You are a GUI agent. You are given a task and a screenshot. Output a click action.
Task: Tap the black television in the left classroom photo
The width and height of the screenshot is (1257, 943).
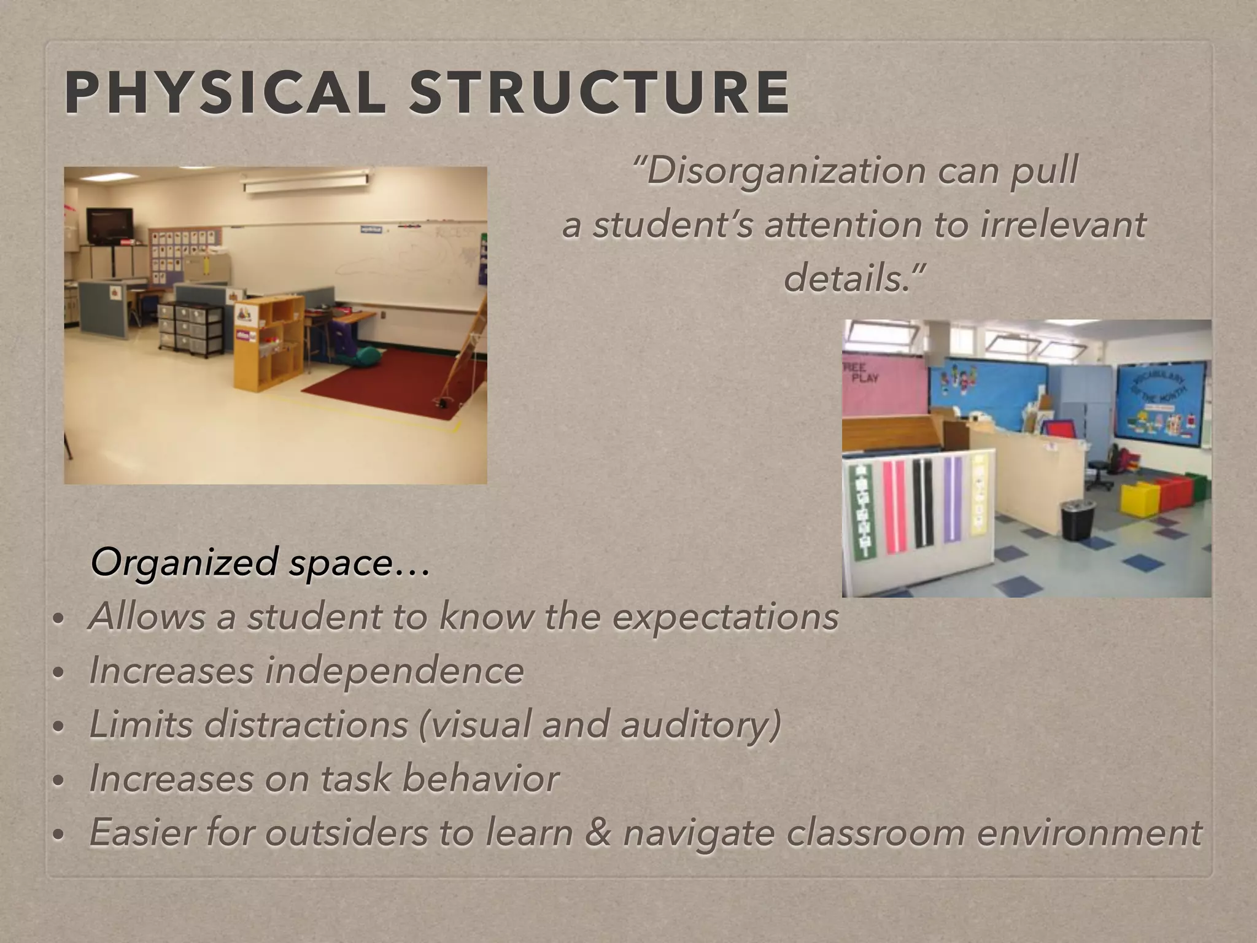pos(109,225)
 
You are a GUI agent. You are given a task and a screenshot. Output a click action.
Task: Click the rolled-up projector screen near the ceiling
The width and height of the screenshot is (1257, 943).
pos(306,182)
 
